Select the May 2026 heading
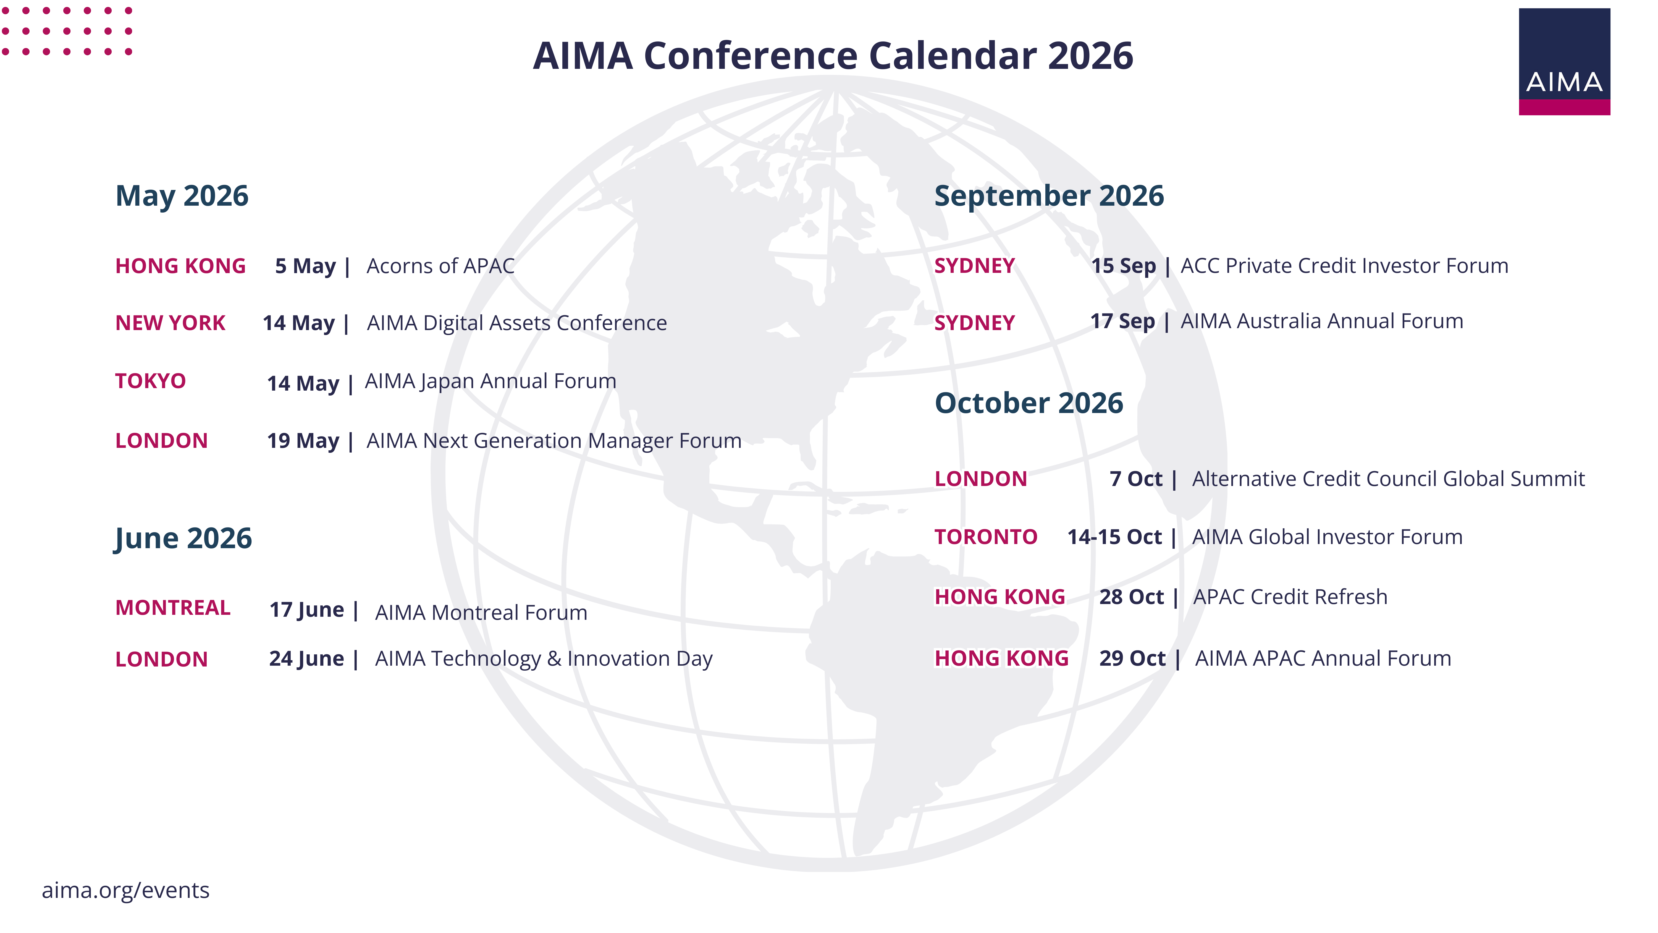tap(182, 196)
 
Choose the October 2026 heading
tap(1029, 403)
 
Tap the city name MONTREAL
tap(172, 608)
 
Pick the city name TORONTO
tap(985, 537)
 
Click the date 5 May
tap(305, 266)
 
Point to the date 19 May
tap(303, 441)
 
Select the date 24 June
tap(306, 659)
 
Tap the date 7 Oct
tap(1136, 479)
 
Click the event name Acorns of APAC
tap(440, 266)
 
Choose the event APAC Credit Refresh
tap(1290, 597)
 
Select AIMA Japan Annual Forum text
tap(490, 381)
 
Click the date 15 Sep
tap(1123, 266)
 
